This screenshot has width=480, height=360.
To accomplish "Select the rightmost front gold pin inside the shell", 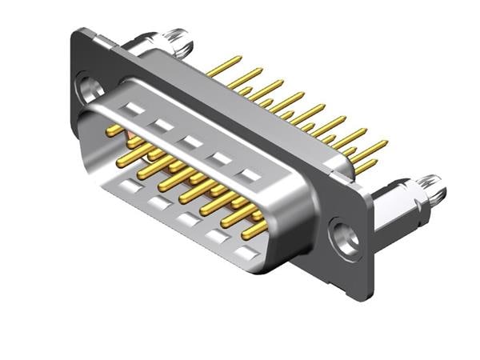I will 254,229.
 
